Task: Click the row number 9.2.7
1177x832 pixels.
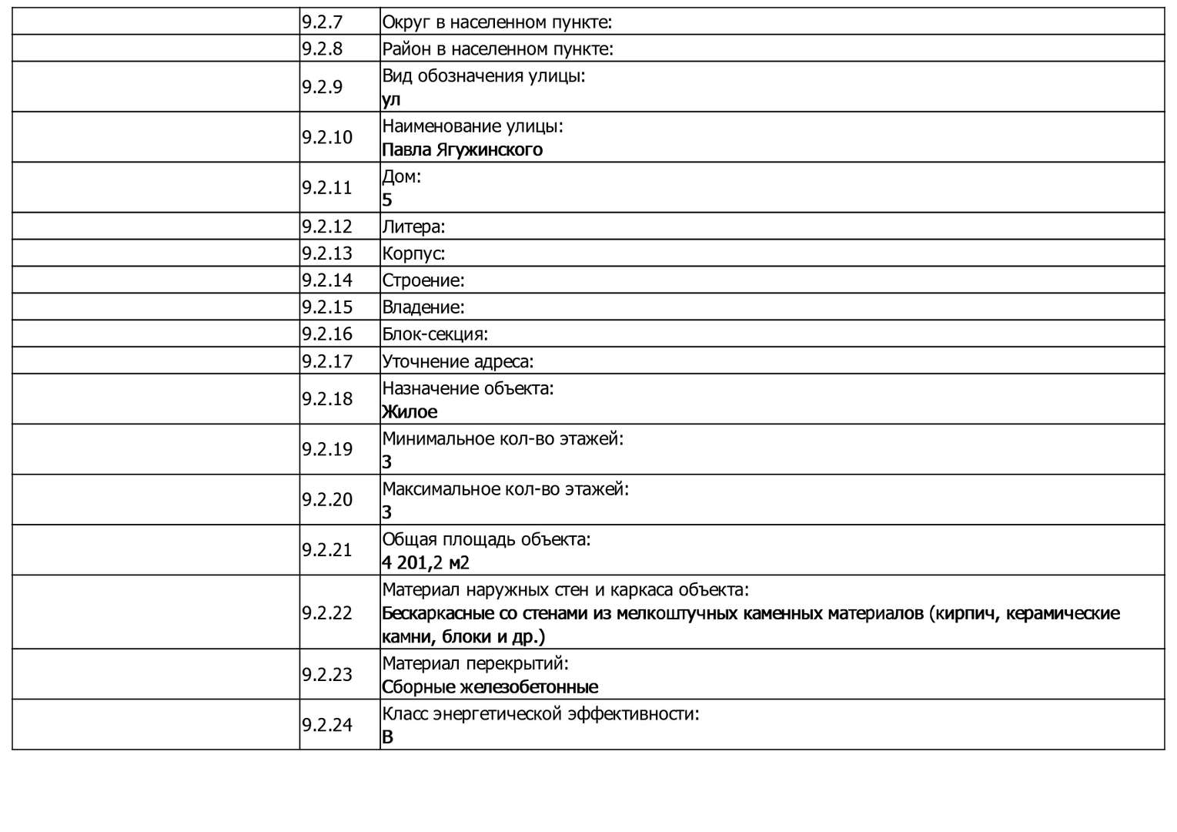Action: click(322, 22)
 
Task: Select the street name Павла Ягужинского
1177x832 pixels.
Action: click(462, 149)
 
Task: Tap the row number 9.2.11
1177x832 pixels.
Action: click(326, 187)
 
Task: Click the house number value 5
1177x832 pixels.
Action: click(387, 200)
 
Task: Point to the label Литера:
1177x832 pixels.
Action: click(413, 226)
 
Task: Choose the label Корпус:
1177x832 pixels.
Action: click(413, 253)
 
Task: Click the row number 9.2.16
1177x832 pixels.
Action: click(326, 334)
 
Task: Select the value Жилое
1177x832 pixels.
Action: click(410, 411)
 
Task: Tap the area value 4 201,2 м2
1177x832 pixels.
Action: click(425, 562)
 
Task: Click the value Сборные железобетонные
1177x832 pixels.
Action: click(490, 686)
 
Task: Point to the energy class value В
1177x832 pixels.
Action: click(387, 736)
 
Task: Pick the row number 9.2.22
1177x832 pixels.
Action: click(326, 612)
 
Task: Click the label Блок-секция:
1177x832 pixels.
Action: click(435, 334)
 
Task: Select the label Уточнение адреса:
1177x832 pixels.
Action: click(457, 361)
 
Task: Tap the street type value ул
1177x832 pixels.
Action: click(391, 99)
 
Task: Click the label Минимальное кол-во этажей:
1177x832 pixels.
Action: click(503, 439)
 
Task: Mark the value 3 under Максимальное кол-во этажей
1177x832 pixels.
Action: click(387, 512)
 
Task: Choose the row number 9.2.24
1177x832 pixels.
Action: click(326, 725)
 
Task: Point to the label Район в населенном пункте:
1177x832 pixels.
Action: click(497, 49)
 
